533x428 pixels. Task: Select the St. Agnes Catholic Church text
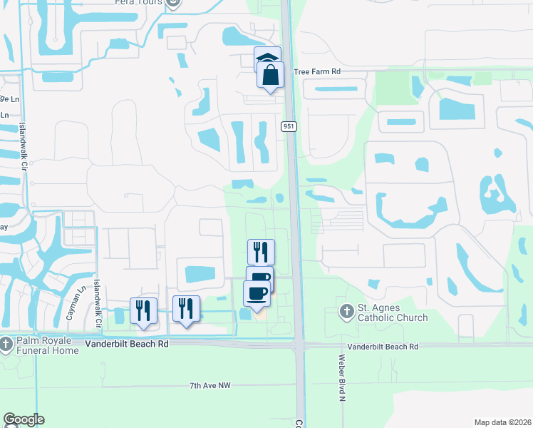coord(392,312)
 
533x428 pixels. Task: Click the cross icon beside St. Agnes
coord(346,312)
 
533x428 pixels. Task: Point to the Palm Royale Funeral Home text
coord(48,345)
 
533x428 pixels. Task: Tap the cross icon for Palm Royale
coord(6,345)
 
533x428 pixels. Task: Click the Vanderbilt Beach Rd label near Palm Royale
coord(126,343)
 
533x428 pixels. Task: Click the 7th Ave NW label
coord(211,386)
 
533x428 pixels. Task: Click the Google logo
coord(24,419)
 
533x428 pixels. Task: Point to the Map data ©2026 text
coord(502,422)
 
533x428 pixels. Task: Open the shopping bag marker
coord(271,75)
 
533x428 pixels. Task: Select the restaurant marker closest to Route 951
coord(261,252)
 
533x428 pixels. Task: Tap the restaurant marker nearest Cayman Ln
coord(143,310)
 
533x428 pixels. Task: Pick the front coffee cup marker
coord(257,293)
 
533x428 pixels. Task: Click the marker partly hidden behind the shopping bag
coord(266,56)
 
